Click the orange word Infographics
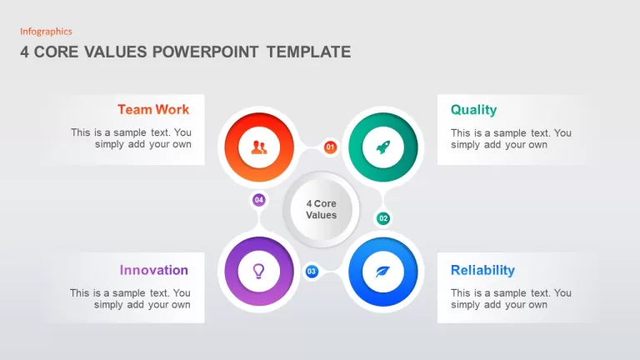pyautogui.click(x=46, y=32)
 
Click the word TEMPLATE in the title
pyautogui.click(x=308, y=52)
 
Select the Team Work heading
pyautogui.click(x=153, y=109)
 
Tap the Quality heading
pyautogui.click(x=473, y=110)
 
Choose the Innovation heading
pyautogui.click(x=154, y=270)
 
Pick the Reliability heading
pyautogui.click(x=482, y=270)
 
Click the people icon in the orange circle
pyautogui.click(x=259, y=147)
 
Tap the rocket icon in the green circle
pyautogui.click(x=382, y=147)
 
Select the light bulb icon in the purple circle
pyautogui.click(x=259, y=271)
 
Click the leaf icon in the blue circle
pyautogui.click(x=382, y=272)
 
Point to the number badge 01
pyautogui.click(x=330, y=147)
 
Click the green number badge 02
pyautogui.click(x=382, y=218)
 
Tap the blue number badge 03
pyautogui.click(x=312, y=272)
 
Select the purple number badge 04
pyautogui.click(x=259, y=200)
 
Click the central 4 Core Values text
pyautogui.click(x=321, y=209)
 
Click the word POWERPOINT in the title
pyautogui.click(x=205, y=52)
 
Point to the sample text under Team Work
pyautogui.click(x=131, y=138)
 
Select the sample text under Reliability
pyautogui.click(x=511, y=299)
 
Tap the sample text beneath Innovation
pyautogui.click(x=130, y=299)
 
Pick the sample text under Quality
pyautogui.click(x=511, y=139)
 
